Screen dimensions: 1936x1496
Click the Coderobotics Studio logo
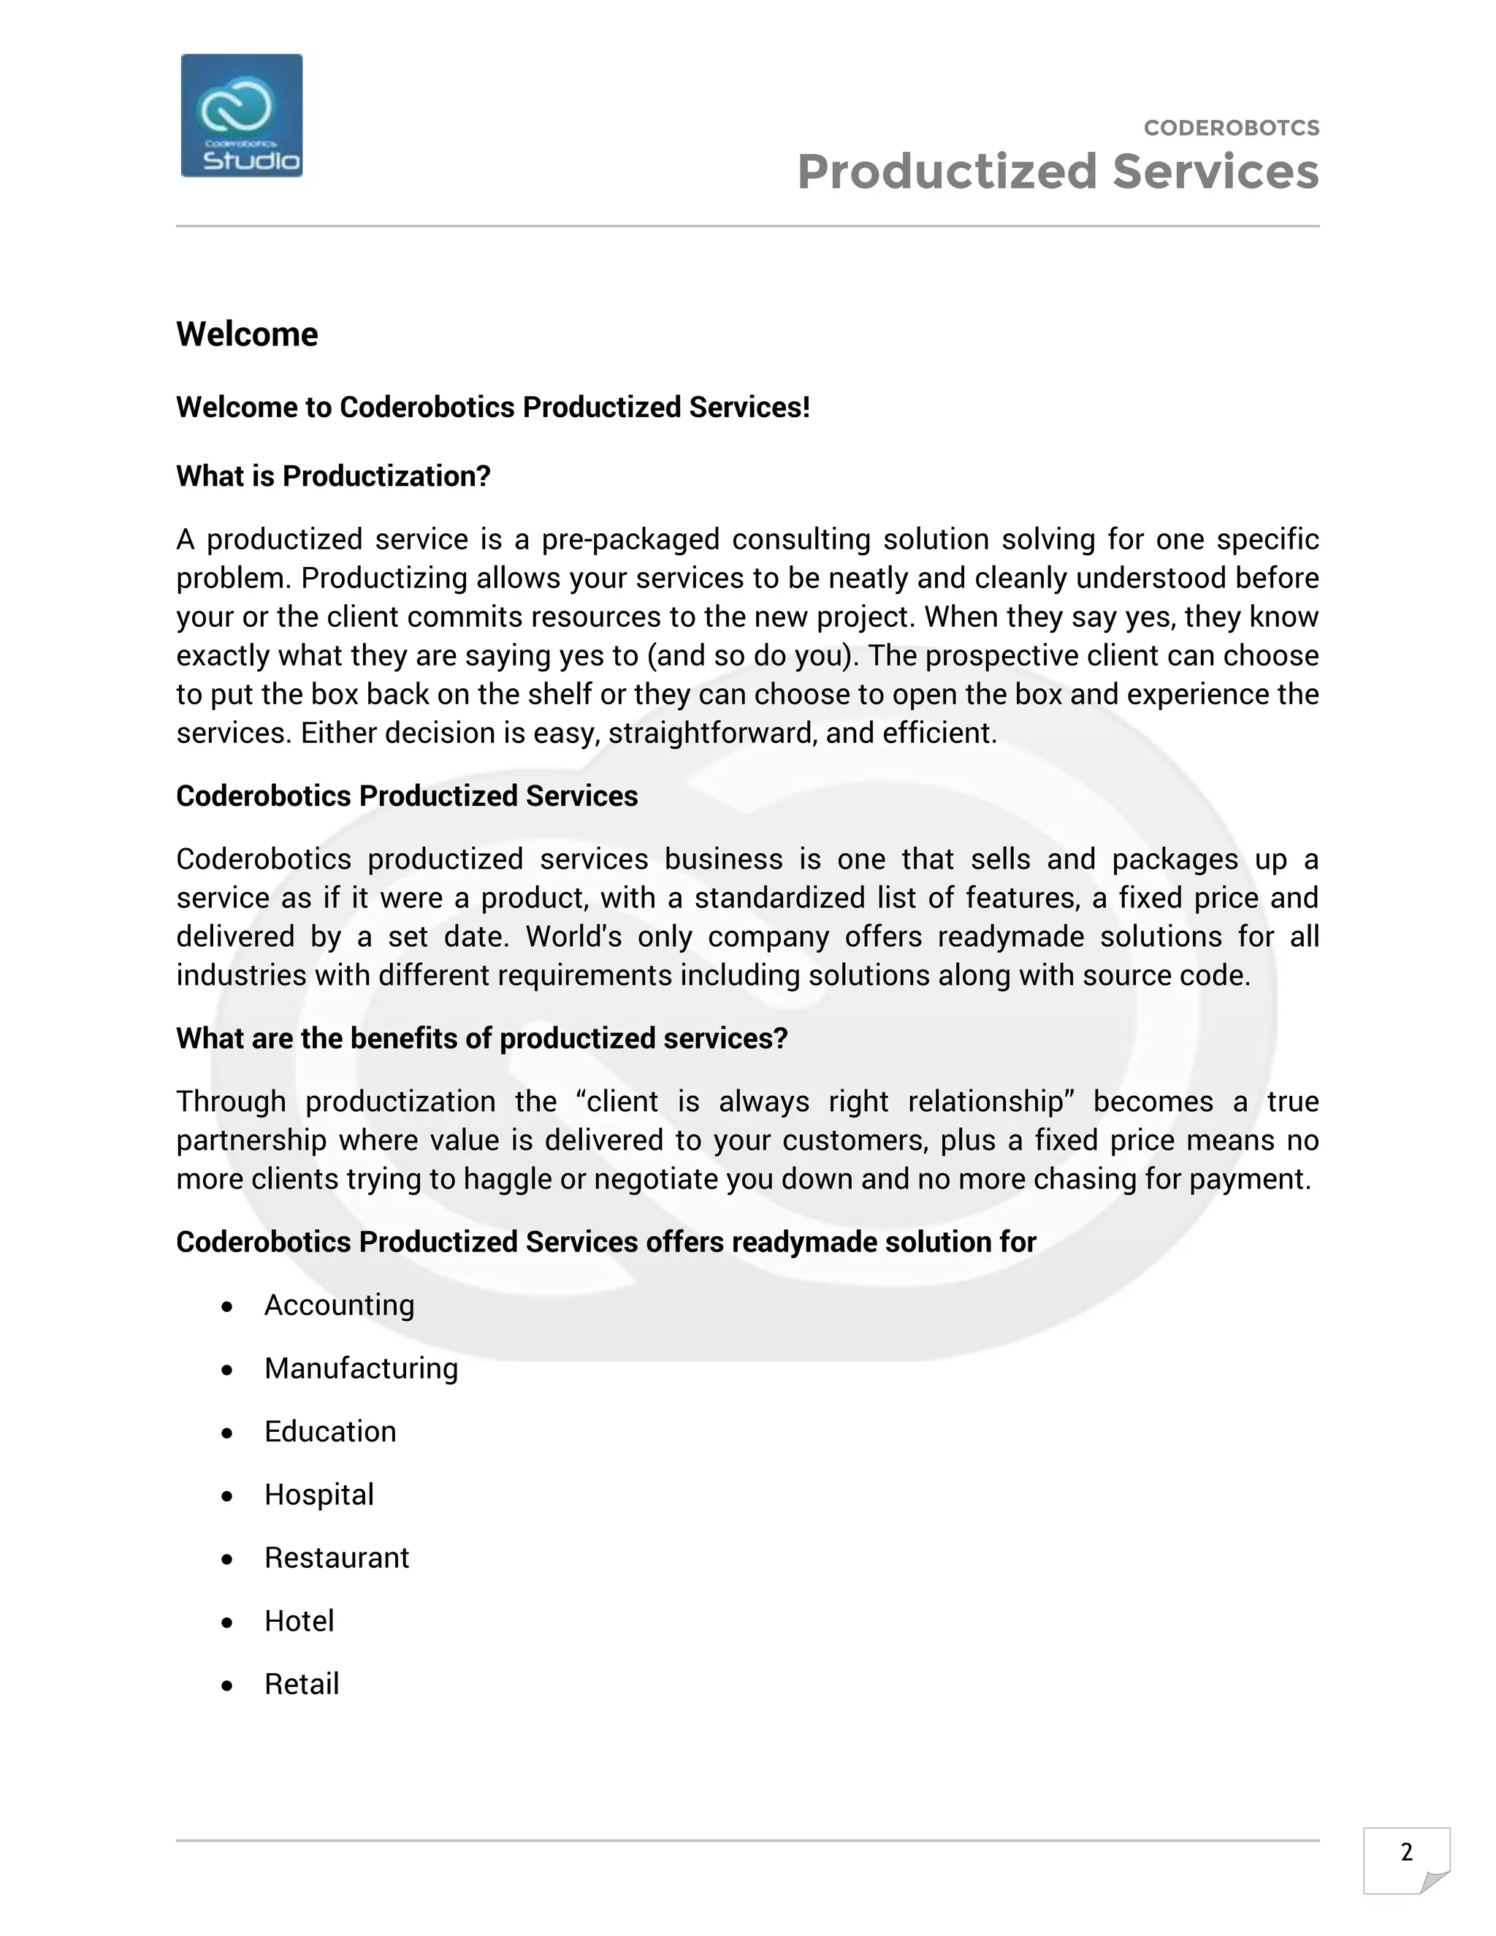point(241,115)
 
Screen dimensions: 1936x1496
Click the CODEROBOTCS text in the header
point(1231,129)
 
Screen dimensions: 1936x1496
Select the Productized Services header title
point(1057,172)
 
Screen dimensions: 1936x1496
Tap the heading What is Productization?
point(333,476)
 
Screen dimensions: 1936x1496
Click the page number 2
point(1405,1852)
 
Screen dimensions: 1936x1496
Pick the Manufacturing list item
point(361,1368)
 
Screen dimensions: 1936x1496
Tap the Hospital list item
point(318,1495)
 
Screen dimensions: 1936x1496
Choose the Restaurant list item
point(336,1558)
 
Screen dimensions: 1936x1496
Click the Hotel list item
point(299,1620)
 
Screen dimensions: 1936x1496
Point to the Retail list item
point(302,1683)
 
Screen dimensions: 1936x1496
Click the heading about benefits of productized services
point(481,1038)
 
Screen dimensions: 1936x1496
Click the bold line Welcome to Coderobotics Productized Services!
point(493,407)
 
